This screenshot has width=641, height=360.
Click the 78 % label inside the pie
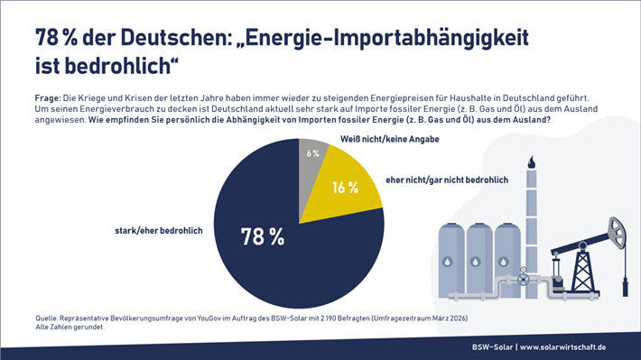click(x=263, y=237)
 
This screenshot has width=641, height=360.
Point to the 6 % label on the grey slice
click(x=312, y=153)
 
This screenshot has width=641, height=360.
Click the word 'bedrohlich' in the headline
click(x=113, y=66)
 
